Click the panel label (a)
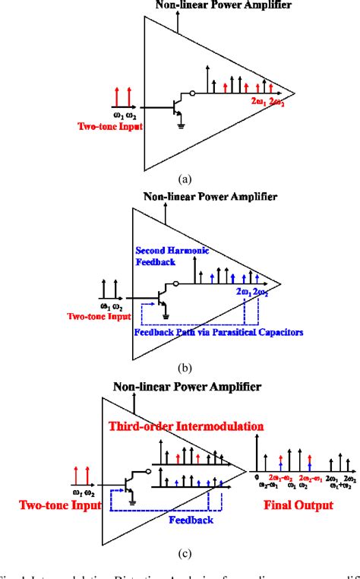(x=184, y=180)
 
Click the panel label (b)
(x=184, y=367)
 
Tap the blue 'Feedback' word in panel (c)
(x=191, y=519)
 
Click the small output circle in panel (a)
(x=194, y=94)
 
